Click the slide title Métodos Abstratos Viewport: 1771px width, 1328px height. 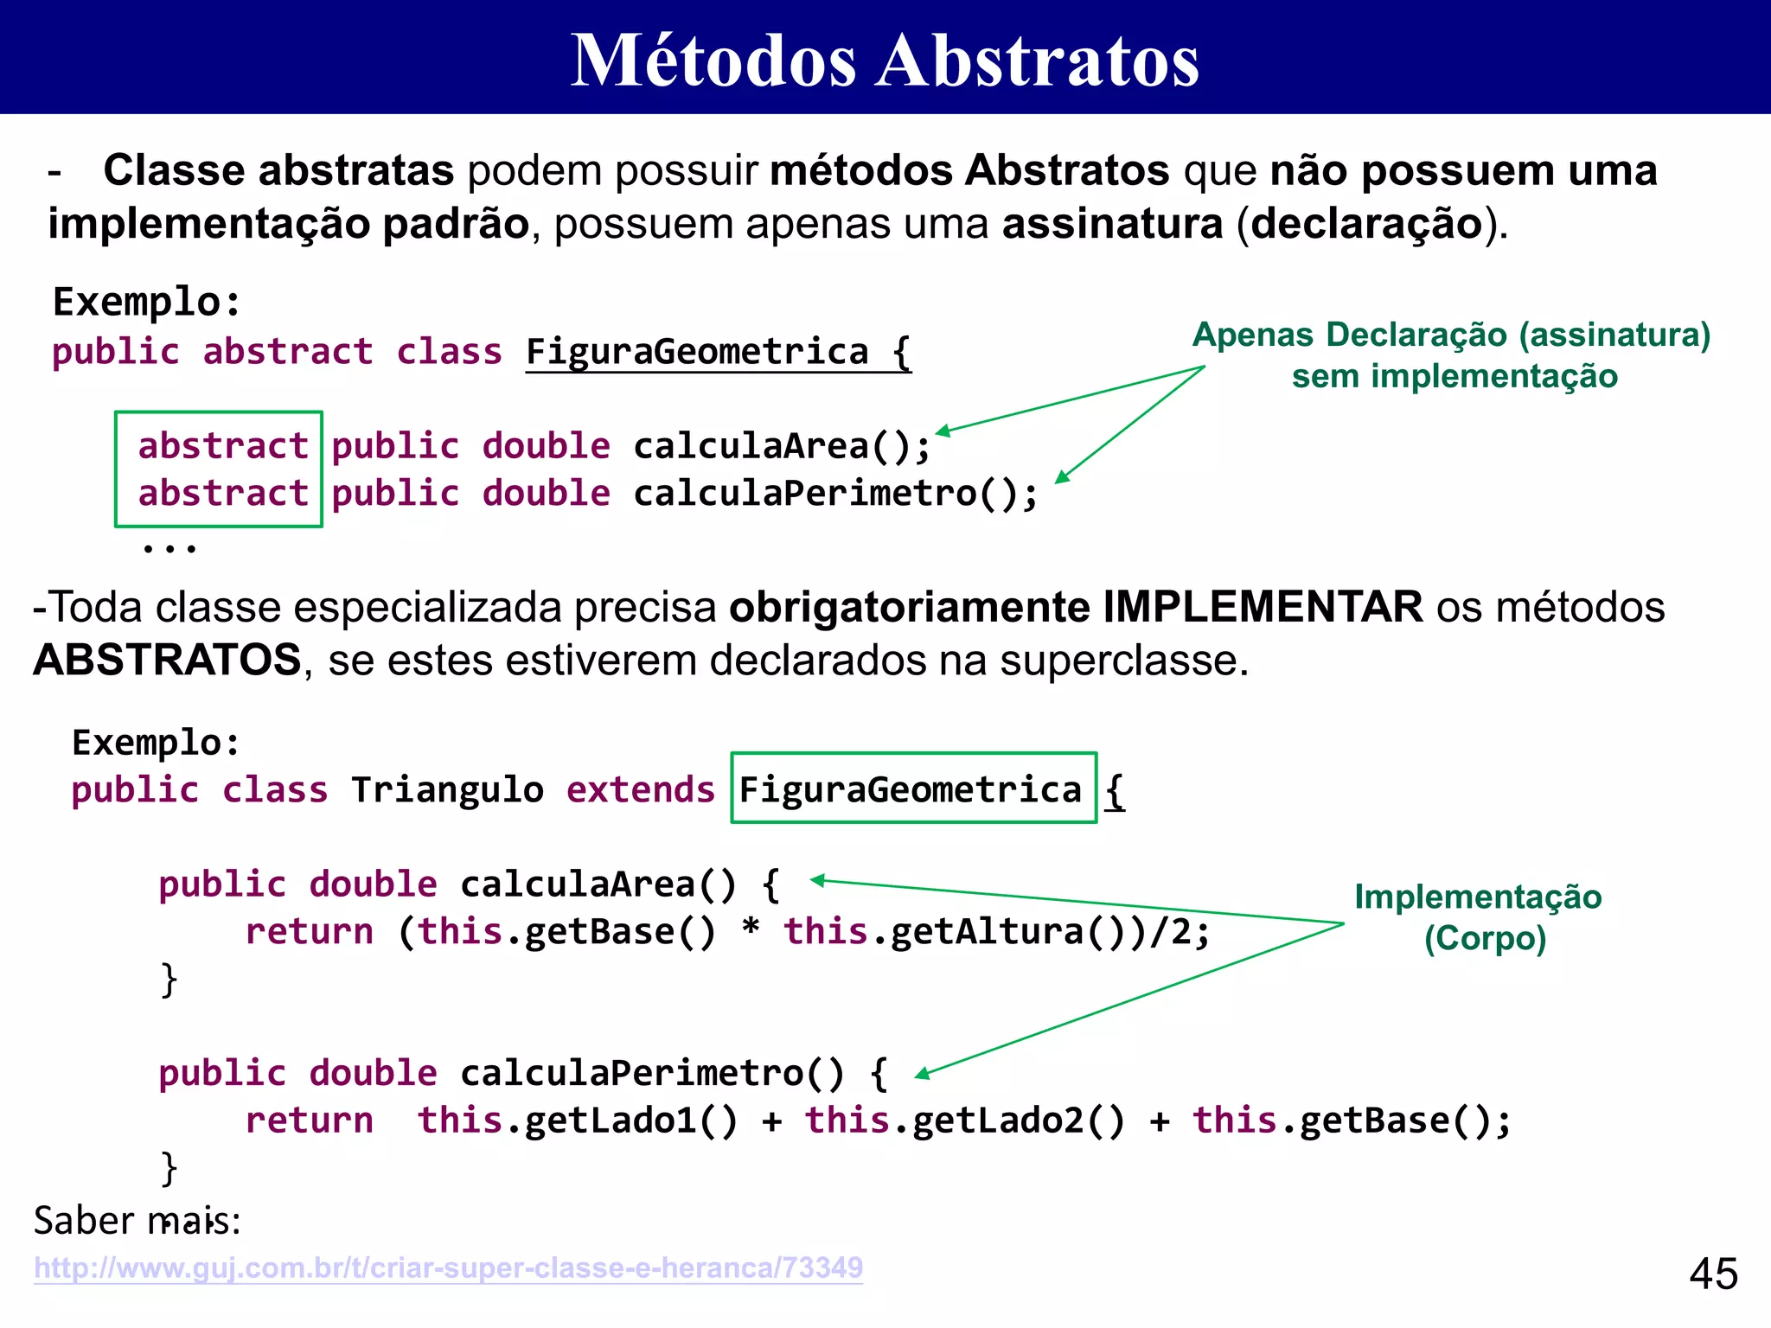885,61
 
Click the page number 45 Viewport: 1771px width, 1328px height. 1713,1274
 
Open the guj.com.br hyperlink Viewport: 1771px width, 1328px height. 448,1267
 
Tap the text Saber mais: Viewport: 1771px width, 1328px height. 137,1221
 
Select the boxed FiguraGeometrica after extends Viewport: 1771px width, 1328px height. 912,788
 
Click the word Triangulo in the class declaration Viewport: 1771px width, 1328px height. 447,790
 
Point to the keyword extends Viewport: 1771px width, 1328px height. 640,790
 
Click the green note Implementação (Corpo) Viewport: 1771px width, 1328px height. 1479,916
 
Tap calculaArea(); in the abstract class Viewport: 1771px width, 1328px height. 782,446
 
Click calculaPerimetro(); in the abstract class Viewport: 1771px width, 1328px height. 835,494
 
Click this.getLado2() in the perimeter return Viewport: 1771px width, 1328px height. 965,1120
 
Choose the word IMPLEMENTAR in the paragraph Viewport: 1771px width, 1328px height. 1262,607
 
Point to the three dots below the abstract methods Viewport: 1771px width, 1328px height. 169,547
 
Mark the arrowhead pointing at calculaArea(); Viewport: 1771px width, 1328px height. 943,431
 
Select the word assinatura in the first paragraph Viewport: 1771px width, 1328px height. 1112,224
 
